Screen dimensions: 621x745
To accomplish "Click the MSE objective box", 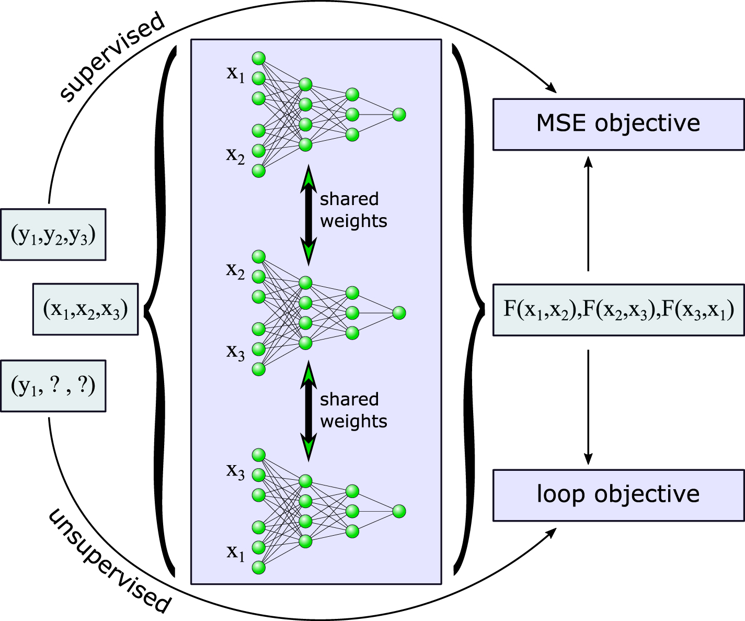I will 618,124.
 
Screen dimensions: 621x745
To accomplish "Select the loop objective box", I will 618,495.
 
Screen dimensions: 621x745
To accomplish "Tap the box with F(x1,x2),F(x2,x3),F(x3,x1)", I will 618,310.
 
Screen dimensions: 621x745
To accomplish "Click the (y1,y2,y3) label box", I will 53,235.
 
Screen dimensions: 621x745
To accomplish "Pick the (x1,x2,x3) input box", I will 85,309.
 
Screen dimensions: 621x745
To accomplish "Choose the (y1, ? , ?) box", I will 53,386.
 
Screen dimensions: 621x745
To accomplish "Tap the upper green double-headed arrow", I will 308,215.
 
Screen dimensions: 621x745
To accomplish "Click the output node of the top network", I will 399,115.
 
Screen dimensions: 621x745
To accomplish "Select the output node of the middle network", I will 399,313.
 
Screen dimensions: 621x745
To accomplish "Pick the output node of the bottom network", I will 399,511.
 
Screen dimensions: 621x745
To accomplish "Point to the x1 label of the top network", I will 235,74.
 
